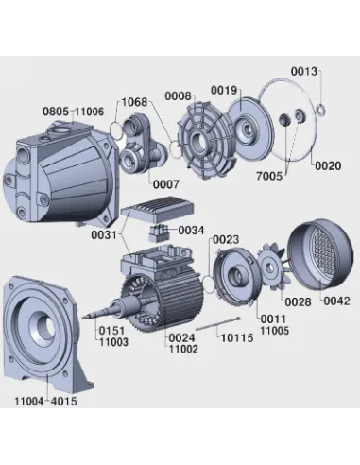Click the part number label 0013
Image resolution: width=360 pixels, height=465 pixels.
click(304, 72)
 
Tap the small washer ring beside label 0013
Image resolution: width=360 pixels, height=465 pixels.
click(321, 110)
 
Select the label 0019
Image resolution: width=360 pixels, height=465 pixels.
click(224, 91)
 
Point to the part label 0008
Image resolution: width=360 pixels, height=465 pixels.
click(178, 96)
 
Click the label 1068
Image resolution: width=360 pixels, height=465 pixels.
click(134, 102)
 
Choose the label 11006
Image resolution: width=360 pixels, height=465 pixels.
click(90, 112)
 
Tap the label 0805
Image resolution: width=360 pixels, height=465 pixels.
click(56, 112)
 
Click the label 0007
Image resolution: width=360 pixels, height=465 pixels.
click(166, 184)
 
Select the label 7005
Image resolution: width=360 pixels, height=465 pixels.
click(269, 176)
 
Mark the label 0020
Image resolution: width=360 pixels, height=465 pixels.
click(328, 165)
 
